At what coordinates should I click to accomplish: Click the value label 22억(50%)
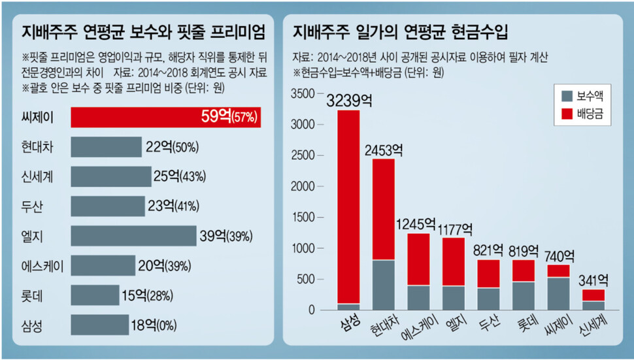tap(172, 148)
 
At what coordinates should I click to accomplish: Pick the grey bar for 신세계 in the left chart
tap(110, 177)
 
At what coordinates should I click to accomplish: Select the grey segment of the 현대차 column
tap(384, 285)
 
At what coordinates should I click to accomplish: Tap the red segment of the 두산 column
tap(489, 274)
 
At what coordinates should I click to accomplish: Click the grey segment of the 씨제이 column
tap(558, 293)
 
